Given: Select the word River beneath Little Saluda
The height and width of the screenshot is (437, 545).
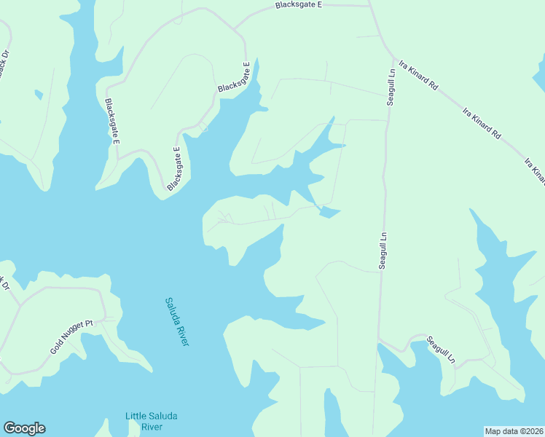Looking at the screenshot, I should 151,426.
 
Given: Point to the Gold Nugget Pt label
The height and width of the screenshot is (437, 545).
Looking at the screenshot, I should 72,337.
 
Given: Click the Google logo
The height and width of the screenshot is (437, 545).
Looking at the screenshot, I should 24,428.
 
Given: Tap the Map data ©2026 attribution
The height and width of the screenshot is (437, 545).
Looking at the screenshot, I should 514,431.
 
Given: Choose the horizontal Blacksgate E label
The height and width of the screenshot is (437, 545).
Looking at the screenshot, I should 298,5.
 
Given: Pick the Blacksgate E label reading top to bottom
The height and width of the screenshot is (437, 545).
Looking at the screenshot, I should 111,121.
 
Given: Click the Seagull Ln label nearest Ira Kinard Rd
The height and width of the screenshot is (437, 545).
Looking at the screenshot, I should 391,87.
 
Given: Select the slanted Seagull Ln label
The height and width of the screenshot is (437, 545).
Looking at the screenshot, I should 440,350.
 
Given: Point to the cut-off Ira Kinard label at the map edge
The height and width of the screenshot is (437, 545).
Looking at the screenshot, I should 534,169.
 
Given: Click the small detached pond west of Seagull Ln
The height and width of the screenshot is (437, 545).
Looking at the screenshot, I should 330,212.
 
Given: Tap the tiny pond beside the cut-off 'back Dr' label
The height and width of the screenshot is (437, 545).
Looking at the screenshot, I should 38,93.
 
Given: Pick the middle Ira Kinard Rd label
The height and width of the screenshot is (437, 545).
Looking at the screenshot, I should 482,123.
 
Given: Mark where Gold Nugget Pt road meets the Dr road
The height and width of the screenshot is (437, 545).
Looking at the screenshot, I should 22,301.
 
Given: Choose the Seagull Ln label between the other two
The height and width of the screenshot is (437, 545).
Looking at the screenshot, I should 382,251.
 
